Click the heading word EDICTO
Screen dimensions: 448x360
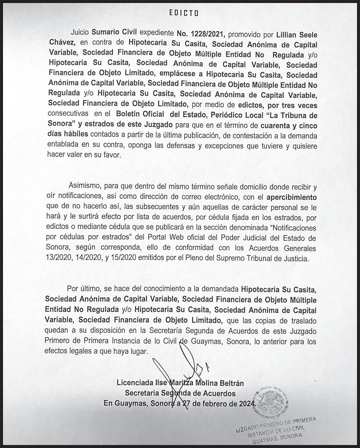coord(184,13)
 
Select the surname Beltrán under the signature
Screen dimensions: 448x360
coord(229,382)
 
